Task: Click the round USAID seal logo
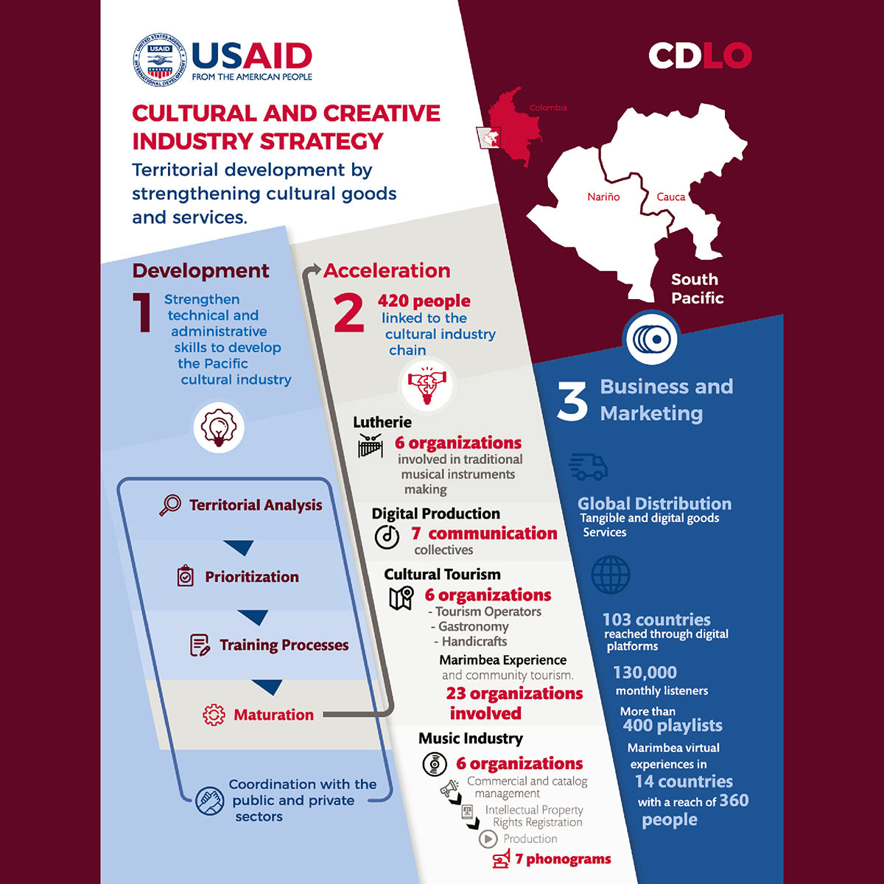tap(160, 60)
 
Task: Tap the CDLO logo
tap(700, 55)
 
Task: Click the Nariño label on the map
tap(603, 197)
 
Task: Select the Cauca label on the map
tap(670, 197)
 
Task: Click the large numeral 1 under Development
tap(142, 312)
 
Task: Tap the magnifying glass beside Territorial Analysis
tap(170, 505)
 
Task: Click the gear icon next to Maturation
tap(214, 715)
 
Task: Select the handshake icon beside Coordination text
tap(210, 801)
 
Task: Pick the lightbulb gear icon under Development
tap(218, 428)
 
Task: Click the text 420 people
tap(424, 301)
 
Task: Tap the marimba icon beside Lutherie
tap(371, 446)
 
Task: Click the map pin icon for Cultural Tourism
tap(401, 597)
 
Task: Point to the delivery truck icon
tap(588, 467)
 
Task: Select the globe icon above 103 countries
tap(611, 575)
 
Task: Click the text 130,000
tap(645, 672)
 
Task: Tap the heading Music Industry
tap(471, 738)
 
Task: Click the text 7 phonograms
tap(563, 859)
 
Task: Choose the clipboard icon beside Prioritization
tap(186, 576)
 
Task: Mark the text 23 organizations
tap(514, 693)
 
